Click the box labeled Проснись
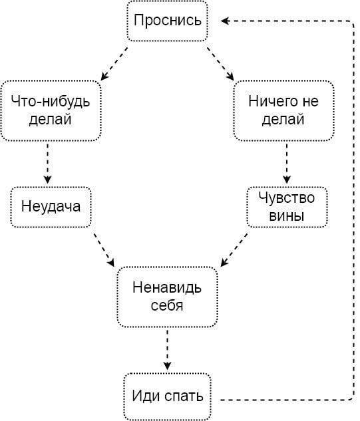tap(167, 21)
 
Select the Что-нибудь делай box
tap(51, 110)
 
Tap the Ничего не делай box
tap(283, 110)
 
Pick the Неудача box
tap(51, 207)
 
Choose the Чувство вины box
tap(287, 207)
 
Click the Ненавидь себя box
tap(167, 297)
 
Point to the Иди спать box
tap(167, 396)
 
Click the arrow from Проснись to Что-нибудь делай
tap(114, 64)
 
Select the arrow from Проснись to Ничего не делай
tap(220, 64)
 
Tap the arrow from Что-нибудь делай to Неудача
tap(48, 164)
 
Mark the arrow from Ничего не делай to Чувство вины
tap(287, 164)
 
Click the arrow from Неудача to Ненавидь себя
tap(104, 250)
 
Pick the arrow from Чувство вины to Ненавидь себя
tap(234, 250)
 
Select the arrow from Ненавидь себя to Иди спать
tap(167, 350)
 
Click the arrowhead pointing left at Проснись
tap(225, 21)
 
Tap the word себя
tap(167, 305)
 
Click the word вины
tap(287, 215)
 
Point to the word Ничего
tap(270, 102)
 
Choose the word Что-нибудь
tap(51, 102)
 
